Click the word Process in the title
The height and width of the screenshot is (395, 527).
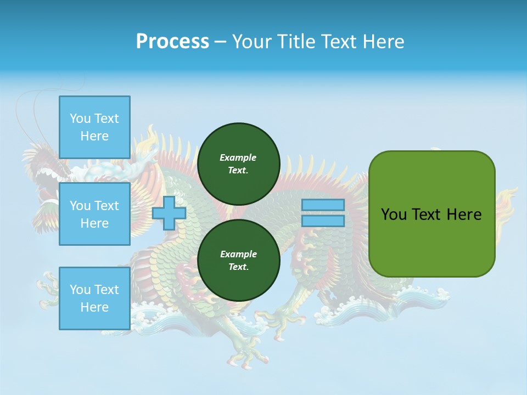[x=172, y=42]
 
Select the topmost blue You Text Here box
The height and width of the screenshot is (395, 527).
[x=94, y=127]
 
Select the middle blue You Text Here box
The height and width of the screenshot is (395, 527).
[x=94, y=214]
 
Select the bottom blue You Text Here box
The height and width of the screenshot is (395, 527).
[x=94, y=298]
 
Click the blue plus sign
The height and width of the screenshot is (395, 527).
[x=169, y=213]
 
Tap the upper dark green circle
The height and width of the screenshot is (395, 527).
[x=239, y=163]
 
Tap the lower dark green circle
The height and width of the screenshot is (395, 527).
[x=239, y=260]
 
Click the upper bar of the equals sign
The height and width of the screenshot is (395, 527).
[x=323, y=205]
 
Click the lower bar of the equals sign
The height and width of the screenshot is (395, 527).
[x=323, y=221]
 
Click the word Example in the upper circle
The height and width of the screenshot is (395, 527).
[x=238, y=157]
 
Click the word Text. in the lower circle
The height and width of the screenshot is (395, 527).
[x=238, y=267]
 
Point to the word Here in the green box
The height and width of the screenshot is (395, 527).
[x=464, y=215]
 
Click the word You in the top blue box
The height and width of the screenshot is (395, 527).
[x=80, y=119]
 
